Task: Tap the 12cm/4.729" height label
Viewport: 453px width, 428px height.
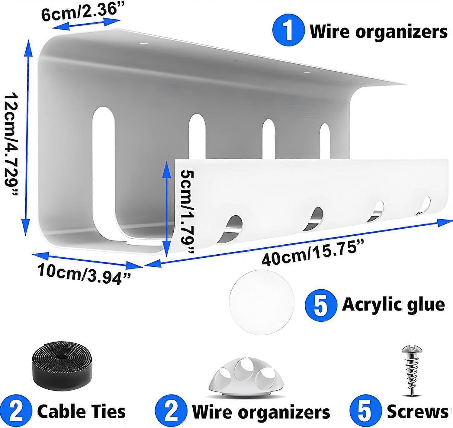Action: (x=11, y=144)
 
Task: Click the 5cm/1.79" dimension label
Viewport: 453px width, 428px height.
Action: (x=187, y=211)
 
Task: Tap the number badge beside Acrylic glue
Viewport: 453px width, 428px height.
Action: (x=321, y=304)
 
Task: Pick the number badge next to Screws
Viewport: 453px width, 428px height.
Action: (x=364, y=411)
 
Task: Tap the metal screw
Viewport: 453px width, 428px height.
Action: (x=411, y=371)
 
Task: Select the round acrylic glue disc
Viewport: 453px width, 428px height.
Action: (x=262, y=302)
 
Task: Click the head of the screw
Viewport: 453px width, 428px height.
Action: (x=412, y=350)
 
